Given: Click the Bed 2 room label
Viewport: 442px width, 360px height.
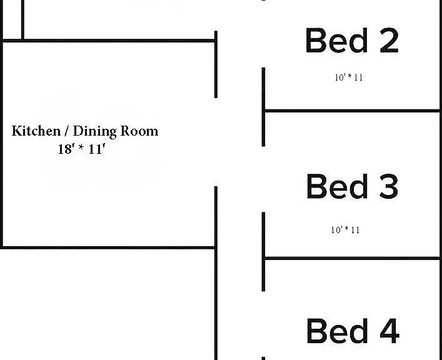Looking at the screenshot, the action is (352, 41).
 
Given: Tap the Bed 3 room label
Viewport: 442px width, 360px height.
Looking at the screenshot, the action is (353, 186).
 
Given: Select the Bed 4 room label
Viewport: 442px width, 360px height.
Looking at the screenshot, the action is (353, 331).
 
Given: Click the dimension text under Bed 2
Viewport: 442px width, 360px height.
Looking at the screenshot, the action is (349, 77).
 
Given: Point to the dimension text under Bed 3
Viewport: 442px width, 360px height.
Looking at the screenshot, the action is (345, 230).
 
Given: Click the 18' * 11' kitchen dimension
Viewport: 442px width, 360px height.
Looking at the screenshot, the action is (82, 149).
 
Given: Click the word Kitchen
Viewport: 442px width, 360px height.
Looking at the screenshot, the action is (36, 131).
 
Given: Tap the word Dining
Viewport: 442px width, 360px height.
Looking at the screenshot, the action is (95, 132).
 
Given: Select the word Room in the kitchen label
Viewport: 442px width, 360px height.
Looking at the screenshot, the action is (139, 131).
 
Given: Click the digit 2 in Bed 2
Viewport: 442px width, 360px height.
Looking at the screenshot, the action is (389, 41).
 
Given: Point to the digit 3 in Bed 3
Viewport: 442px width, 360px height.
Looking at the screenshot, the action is (389, 186).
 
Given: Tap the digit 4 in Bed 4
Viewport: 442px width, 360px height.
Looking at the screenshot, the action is (389, 331).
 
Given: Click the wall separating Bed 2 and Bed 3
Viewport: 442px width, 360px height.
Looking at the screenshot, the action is (353, 111).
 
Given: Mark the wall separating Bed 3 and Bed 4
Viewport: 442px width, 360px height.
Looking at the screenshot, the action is (353, 258).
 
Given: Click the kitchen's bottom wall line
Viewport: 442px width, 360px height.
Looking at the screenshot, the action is (108, 247).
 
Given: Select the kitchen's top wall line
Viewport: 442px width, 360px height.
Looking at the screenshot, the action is (109, 41).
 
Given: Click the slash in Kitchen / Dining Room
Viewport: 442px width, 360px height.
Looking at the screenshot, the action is (67, 131).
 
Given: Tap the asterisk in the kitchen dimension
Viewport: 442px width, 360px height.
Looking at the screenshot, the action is (81, 147).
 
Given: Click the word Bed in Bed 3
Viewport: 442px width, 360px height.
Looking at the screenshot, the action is (338, 186).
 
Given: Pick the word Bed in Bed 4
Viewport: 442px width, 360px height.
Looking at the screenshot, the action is (338, 331).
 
